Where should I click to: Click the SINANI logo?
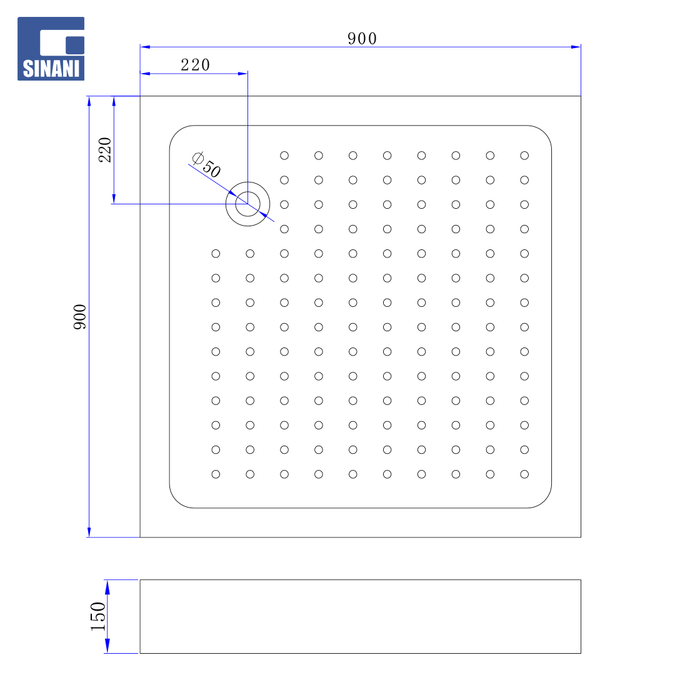coord(51,49)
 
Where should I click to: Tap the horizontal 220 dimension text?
coord(195,65)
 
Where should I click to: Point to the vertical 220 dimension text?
coord(104,150)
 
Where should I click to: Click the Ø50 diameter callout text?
coord(206,164)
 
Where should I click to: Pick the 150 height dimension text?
coord(98,616)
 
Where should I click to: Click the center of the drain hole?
coord(247,204)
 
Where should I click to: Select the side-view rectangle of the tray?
coord(361,616)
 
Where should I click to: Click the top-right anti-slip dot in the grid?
coord(524,156)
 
